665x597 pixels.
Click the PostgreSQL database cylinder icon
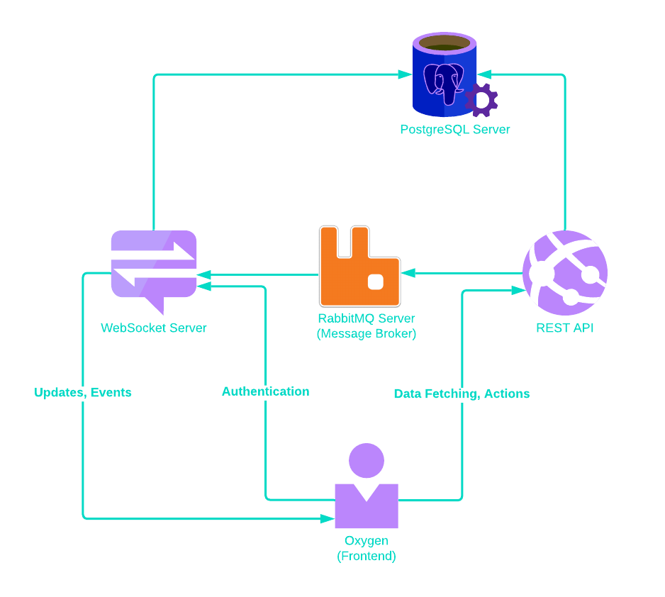[x=444, y=75]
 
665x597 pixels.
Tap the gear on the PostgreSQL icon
[x=481, y=100]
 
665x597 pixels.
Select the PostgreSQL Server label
[x=454, y=130]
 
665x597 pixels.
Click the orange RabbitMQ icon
[x=359, y=267]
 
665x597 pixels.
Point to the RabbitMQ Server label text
[x=366, y=318]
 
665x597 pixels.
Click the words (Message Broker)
[x=366, y=334]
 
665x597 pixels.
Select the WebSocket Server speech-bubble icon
[x=154, y=265]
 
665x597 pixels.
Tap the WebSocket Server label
[x=154, y=328]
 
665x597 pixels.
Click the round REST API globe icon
[x=565, y=273]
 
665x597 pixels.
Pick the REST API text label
[x=565, y=328]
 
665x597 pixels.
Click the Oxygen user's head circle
[x=367, y=461]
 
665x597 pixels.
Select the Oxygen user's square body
[x=367, y=509]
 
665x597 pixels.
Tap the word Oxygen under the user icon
[x=367, y=541]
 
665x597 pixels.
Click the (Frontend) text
[x=367, y=557]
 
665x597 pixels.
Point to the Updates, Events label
[x=83, y=393]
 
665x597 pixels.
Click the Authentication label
[x=265, y=391]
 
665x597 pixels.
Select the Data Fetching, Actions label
[x=462, y=394]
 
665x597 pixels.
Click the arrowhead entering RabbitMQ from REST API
[x=408, y=273]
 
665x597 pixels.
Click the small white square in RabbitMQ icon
[x=376, y=282]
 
